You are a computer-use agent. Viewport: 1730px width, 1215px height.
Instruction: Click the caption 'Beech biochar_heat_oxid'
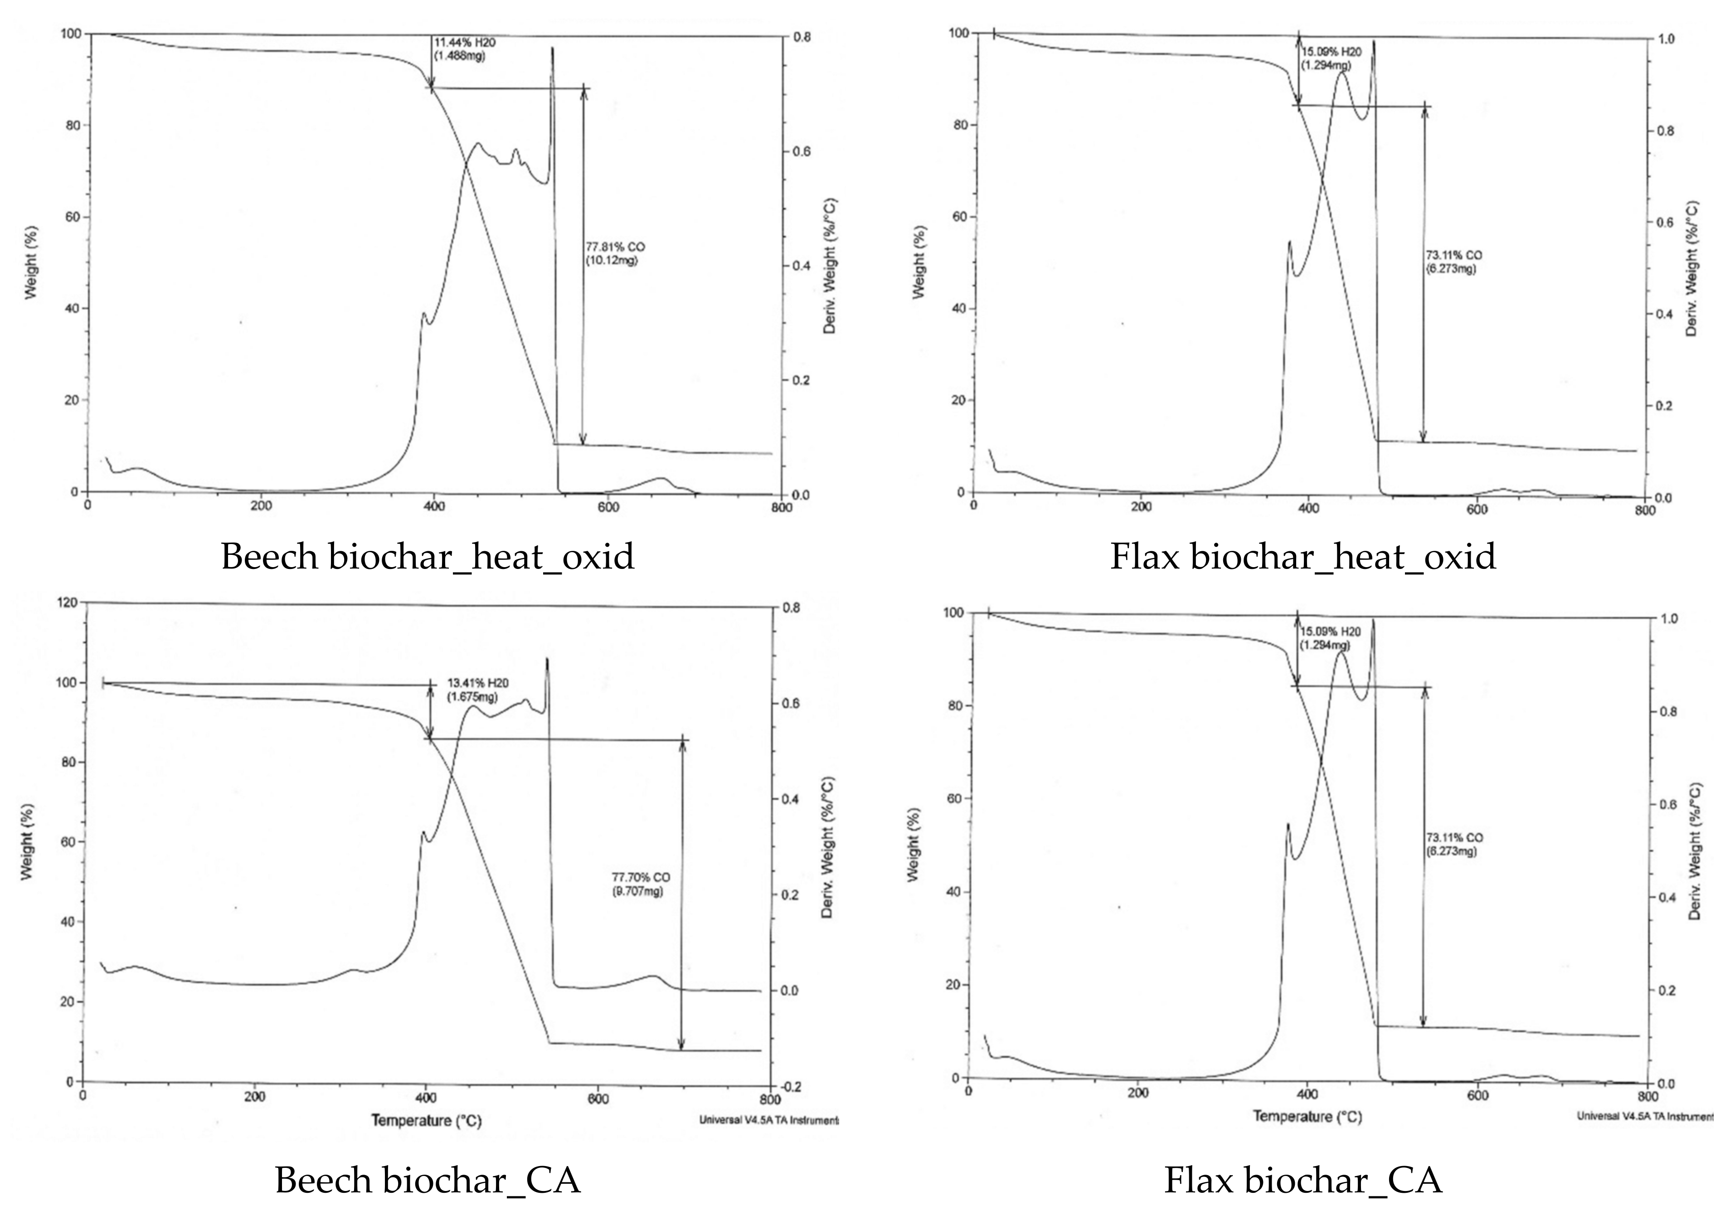pyautogui.click(x=427, y=557)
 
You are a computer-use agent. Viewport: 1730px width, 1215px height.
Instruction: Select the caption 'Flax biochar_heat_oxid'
pyautogui.click(x=1303, y=557)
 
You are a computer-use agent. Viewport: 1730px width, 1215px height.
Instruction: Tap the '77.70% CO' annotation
pyautogui.click(x=641, y=877)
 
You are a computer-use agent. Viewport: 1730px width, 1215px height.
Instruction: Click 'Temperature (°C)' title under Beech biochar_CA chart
pyautogui.click(x=426, y=1121)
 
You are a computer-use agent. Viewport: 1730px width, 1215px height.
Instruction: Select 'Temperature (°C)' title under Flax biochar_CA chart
pyautogui.click(x=1307, y=1116)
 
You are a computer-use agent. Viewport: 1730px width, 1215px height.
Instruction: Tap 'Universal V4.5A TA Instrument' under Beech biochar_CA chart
pyautogui.click(x=768, y=1120)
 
